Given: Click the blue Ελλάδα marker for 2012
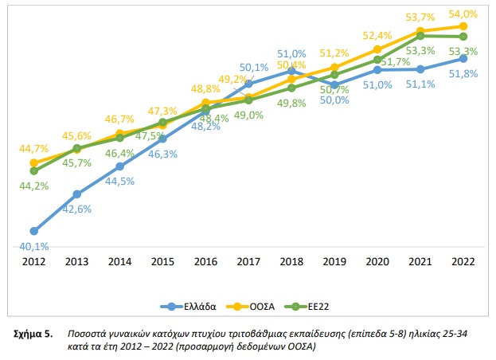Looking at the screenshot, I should pos(33,230).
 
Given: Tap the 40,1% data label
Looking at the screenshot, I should pos(33,246).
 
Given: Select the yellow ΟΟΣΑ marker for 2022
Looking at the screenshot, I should pos(463,26).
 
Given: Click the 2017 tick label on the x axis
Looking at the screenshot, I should pos(248,261).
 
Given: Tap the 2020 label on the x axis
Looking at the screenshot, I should pos(377,261).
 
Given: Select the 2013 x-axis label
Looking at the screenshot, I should pos(76,261).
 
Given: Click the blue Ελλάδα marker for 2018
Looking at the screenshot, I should pos(291,71).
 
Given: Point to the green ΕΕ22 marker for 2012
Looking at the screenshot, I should pos(33,170).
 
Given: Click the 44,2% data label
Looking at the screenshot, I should pos(33,186).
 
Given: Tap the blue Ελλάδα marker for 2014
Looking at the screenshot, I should pos(119,166).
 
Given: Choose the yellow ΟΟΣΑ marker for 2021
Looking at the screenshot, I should pos(420,31).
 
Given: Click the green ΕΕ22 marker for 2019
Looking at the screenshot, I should pos(334,75).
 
